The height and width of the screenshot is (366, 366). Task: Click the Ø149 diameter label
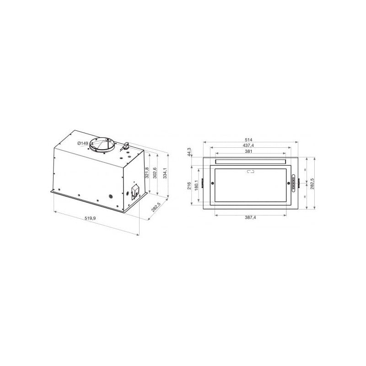[83, 143]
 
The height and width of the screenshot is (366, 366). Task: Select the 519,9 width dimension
[90, 218]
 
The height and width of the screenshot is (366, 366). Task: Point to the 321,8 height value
[147, 172]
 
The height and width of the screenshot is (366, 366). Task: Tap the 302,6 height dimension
[155, 173]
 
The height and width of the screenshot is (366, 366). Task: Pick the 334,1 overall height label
[165, 173]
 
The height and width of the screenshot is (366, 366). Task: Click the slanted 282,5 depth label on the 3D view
[156, 207]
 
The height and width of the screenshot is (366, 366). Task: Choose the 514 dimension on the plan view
[248, 140]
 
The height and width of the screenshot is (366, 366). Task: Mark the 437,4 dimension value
[248, 145]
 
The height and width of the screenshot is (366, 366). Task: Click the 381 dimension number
[248, 151]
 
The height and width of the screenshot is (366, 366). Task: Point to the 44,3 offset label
[189, 152]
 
